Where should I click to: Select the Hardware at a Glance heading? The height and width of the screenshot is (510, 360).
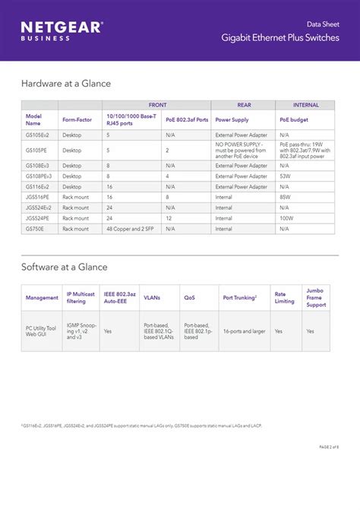[x=66, y=84]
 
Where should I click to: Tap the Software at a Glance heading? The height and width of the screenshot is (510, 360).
[x=65, y=267]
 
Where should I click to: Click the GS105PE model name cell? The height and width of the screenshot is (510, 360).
[x=36, y=150]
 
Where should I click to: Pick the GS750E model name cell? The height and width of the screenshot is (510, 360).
[x=36, y=228]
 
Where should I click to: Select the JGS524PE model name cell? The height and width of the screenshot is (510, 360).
[x=38, y=217]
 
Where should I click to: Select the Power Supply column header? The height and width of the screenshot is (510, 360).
[x=232, y=119]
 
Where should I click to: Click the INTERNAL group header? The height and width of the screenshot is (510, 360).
[x=305, y=104]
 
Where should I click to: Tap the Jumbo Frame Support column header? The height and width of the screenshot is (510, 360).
[x=315, y=297]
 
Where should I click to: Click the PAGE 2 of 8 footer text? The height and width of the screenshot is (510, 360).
[x=324, y=446]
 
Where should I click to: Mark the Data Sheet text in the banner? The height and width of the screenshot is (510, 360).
[x=323, y=24]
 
